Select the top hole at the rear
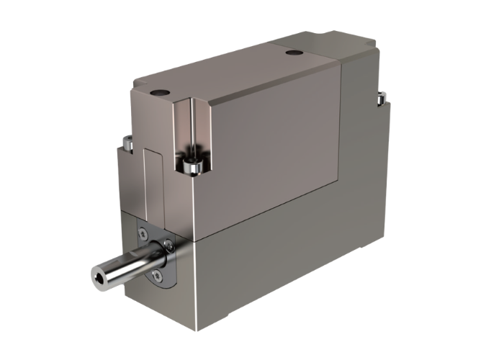(x=292, y=53)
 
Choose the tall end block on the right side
(x=364, y=144)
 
